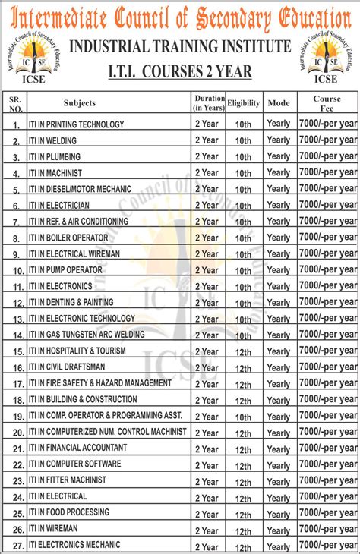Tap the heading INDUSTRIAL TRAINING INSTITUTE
(x=180, y=47)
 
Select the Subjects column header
(x=79, y=102)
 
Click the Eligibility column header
(x=243, y=102)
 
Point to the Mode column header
(x=279, y=102)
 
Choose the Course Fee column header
(x=327, y=103)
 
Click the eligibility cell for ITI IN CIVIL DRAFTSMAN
(x=243, y=368)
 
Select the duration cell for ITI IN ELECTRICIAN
(x=207, y=205)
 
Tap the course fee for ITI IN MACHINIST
(x=327, y=172)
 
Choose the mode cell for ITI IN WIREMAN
(x=279, y=530)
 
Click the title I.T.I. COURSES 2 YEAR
(x=180, y=71)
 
